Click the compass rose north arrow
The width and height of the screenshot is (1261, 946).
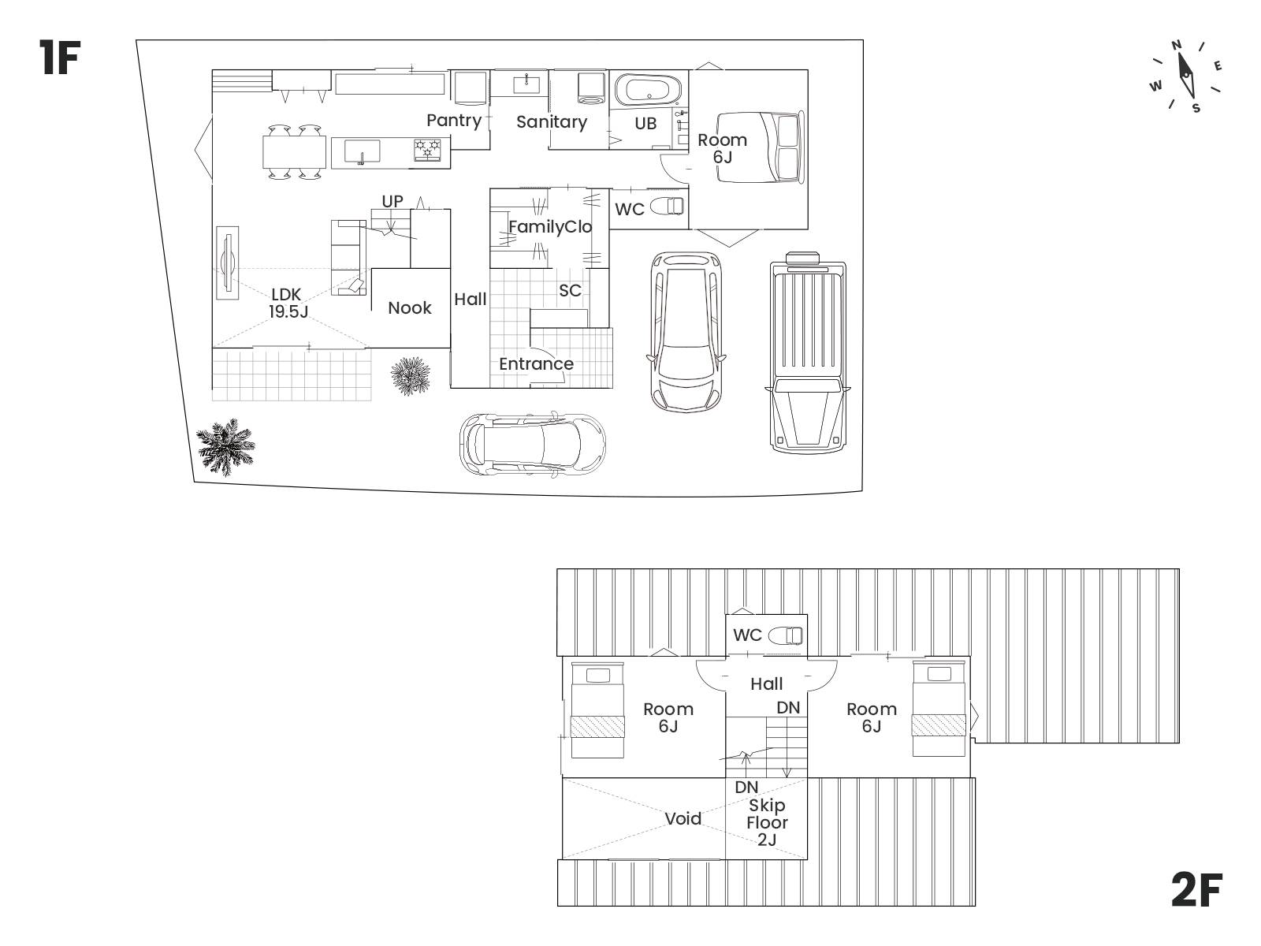(1186, 76)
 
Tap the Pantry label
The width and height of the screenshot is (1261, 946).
(454, 121)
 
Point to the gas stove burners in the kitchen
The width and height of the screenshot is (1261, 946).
(427, 149)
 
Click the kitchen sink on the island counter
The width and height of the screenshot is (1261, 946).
(361, 152)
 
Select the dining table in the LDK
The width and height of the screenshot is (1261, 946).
(295, 151)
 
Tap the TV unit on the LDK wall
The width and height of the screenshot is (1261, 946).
(228, 263)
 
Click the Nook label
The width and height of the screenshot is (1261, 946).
(410, 308)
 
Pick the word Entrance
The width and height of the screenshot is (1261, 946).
(536, 363)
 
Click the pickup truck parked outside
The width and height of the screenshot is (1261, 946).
(807, 352)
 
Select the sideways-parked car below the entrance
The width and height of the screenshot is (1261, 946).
(532, 443)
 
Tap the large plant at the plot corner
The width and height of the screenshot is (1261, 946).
(225, 446)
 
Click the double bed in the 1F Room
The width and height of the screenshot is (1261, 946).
(759, 147)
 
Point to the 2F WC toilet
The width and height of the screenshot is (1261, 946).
(785, 635)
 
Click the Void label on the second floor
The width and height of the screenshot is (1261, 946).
(683, 818)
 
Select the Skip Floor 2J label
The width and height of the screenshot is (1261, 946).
(767, 822)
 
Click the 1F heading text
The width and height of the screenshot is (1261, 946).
(60, 58)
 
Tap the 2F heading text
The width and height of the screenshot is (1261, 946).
(1196, 890)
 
